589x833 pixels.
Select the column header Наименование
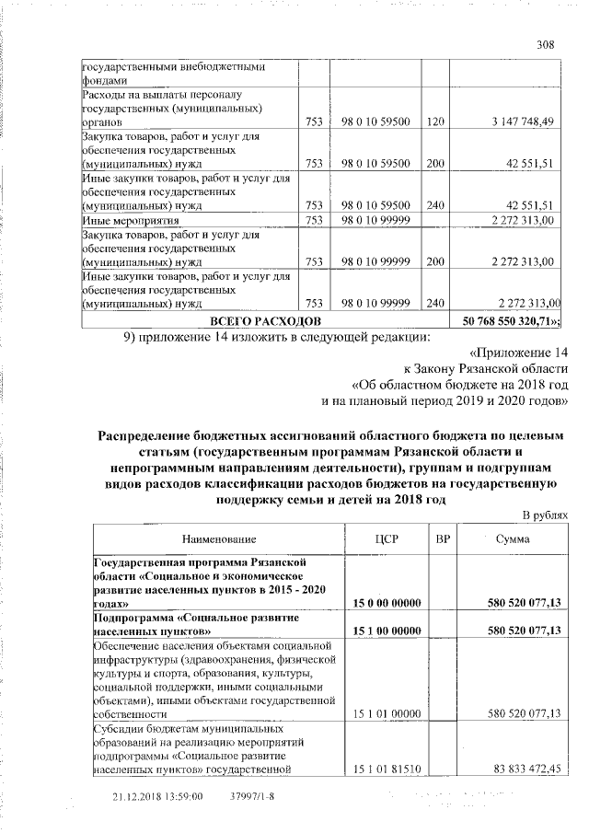pos(219,538)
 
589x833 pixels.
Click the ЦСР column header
pos(386,538)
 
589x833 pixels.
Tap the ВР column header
pos(442,538)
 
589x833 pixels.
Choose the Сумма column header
pos(512,538)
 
